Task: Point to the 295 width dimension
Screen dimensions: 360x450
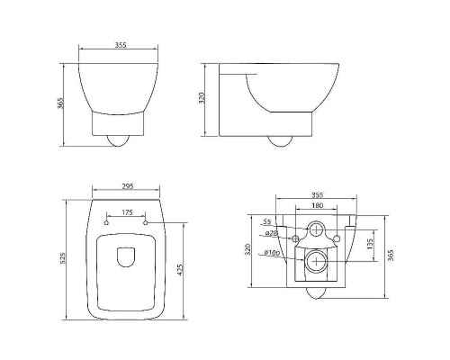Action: point(127,187)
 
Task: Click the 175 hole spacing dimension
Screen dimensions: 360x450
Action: point(126,212)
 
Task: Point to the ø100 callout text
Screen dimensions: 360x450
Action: point(270,253)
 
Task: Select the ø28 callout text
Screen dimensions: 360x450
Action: point(270,234)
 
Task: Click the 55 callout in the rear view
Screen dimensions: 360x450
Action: point(266,221)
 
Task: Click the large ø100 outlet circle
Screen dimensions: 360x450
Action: point(317,262)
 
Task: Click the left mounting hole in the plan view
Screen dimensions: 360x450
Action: point(107,221)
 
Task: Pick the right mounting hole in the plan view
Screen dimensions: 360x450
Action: point(146,221)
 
